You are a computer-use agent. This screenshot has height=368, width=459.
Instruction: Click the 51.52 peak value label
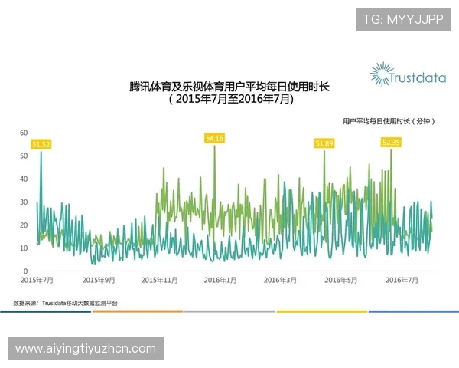tap(41, 144)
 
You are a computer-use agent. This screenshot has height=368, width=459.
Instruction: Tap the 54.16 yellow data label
tap(214, 138)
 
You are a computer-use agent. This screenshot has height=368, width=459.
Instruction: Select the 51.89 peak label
tap(324, 143)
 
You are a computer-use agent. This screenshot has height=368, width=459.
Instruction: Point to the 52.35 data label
tap(391, 143)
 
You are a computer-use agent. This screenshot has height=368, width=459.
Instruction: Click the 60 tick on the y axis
tap(24, 133)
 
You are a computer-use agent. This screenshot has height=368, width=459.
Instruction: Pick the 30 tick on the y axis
tap(24, 202)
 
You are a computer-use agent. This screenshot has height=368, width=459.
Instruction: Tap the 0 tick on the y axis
tap(26, 271)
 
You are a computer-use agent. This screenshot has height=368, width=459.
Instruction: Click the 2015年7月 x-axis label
tap(37, 281)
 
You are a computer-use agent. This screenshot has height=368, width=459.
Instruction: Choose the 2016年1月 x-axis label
tap(220, 281)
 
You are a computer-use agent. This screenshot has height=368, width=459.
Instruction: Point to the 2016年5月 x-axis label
tap(340, 281)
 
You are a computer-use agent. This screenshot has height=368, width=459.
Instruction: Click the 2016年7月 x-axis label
tap(401, 281)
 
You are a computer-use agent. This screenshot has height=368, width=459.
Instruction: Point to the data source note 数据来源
tap(65, 304)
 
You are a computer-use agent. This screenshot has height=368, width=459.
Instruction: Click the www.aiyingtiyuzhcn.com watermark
tap(86, 349)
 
